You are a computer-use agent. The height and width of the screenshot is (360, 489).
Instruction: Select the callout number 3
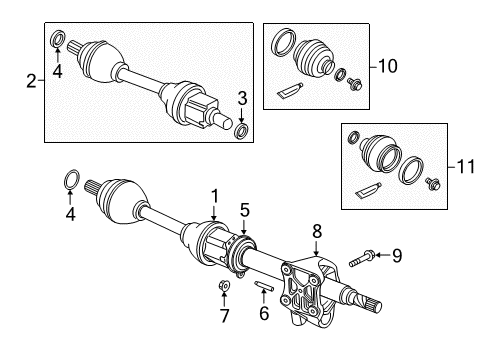pyautogui.click(x=240, y=96)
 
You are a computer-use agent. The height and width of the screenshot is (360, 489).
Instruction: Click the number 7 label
pyautogui.click(x=224, y=317)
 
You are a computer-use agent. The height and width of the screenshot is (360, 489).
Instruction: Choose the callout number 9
pyautogui.click(x=396, y=256)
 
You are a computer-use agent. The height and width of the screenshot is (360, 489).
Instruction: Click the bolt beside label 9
pyautogui.click(x=361, y=262)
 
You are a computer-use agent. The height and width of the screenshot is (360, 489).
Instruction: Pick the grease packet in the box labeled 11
pyautogui.click(x=366, y=189)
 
